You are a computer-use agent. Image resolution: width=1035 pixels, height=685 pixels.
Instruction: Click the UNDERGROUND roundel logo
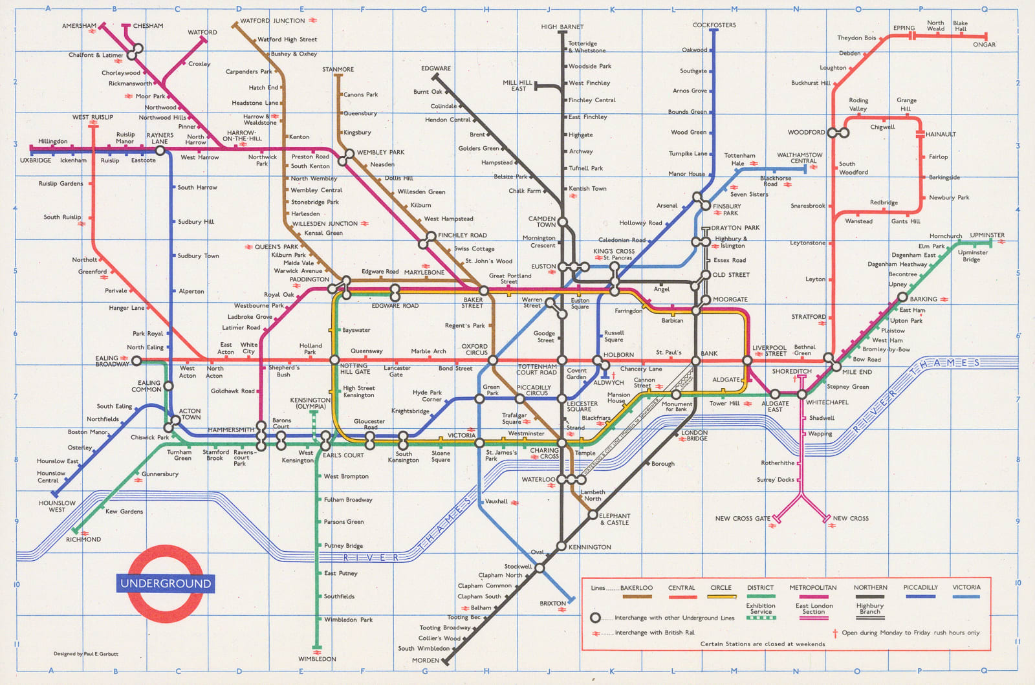(166, 583)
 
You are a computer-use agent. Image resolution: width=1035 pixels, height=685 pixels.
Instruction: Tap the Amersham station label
(79, 26)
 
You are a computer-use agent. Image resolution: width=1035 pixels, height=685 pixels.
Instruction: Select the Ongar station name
(984, 45)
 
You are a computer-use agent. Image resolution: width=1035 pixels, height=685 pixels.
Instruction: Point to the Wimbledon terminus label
(317, 659)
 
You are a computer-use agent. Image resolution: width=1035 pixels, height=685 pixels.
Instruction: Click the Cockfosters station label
(714, 25)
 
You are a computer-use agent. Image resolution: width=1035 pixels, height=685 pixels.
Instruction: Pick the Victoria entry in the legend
(966, 588)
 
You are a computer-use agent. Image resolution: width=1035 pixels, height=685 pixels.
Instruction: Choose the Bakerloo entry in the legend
(636, 588)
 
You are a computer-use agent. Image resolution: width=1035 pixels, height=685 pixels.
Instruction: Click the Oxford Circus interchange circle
(493, 360)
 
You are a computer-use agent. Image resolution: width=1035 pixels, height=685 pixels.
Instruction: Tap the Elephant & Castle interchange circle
(592, 516)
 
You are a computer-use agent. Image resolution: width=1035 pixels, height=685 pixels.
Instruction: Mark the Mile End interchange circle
(836, 367)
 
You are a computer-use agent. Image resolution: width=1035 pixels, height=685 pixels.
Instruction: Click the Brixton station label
(552, 603)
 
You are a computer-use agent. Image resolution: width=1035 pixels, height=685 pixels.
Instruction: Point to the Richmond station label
(83, 539)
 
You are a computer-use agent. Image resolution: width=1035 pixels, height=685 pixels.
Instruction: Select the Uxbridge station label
(36, 160)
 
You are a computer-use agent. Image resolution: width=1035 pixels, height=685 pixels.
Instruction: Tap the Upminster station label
(987, 235)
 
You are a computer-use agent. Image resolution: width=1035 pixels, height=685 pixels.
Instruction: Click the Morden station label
(425, 660)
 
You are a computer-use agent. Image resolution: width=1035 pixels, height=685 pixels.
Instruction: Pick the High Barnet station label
(562, 27)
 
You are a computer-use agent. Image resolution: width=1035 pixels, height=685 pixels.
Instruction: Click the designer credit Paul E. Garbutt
(86, 654)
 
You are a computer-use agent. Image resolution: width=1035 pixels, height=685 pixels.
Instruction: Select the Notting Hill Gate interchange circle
(334, 360)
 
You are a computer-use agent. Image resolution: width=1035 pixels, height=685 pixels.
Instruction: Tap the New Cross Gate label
(743, 519)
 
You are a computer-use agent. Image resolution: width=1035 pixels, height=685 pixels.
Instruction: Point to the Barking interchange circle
(902, 298)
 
